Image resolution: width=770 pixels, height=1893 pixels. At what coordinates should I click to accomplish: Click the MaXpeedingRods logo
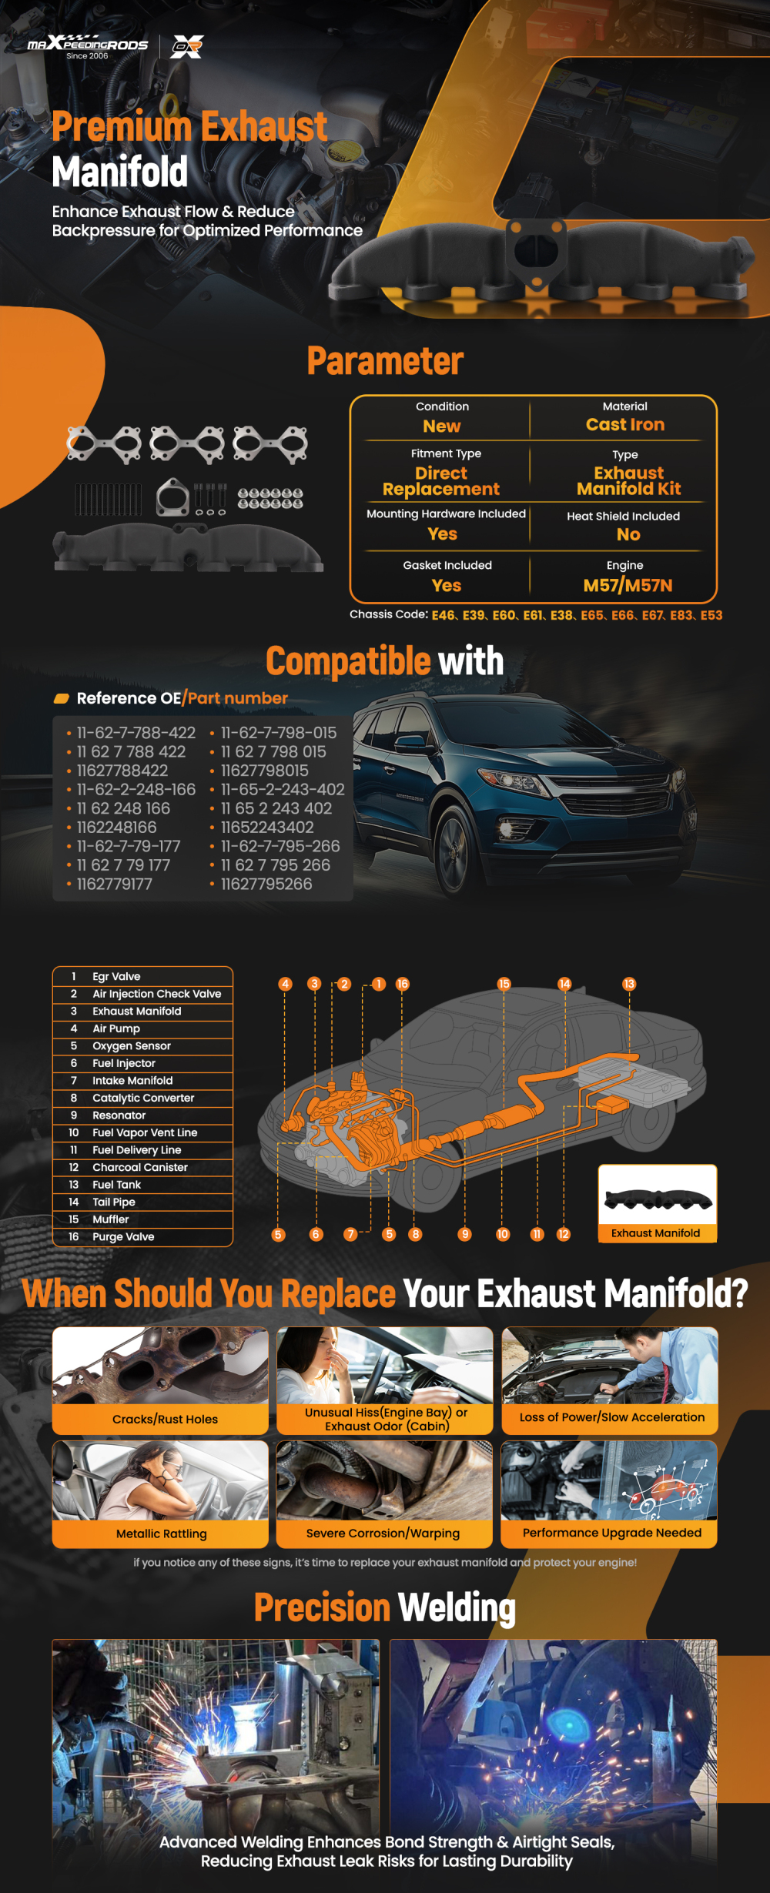[x=88, y=46]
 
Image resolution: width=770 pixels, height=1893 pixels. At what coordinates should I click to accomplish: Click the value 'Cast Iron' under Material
[x=625, y=425]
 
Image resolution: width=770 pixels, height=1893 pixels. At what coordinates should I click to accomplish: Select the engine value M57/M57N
[x=628, y=586]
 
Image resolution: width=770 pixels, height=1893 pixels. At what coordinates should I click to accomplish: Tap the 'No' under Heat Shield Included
[x=628, y=534]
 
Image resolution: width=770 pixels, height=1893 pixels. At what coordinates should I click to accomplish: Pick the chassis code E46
[x=443, y=615]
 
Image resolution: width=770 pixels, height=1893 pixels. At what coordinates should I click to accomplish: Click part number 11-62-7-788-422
[x=136, y=733]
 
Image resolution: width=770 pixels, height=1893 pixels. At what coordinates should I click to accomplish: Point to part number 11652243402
[x=267, y=828]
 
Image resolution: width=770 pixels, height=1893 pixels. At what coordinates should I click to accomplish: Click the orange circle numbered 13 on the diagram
[x=629, y=984]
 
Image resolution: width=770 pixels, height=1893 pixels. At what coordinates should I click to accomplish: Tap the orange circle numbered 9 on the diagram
[x=464, y=1234]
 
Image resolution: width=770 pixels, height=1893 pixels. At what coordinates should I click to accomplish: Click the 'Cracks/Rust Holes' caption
[x=165, y=1420]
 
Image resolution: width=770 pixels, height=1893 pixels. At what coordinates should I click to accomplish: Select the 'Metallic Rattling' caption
[x=161, y=1533]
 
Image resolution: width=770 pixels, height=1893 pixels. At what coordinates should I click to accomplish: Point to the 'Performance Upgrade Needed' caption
[x=612, y=1533]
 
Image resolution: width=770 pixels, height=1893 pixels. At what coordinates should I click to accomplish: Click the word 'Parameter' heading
[x=385, y=361]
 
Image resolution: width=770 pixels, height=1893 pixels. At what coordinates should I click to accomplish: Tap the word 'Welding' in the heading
[x=457, y=1608]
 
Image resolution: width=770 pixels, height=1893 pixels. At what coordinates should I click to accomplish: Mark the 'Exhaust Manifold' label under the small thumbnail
[x=655, y=1233]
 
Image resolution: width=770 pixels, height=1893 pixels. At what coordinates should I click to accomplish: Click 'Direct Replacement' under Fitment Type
[x=441, y=481]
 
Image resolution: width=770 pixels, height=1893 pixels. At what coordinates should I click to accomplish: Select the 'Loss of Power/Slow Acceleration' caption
[x=612, y=1417]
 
